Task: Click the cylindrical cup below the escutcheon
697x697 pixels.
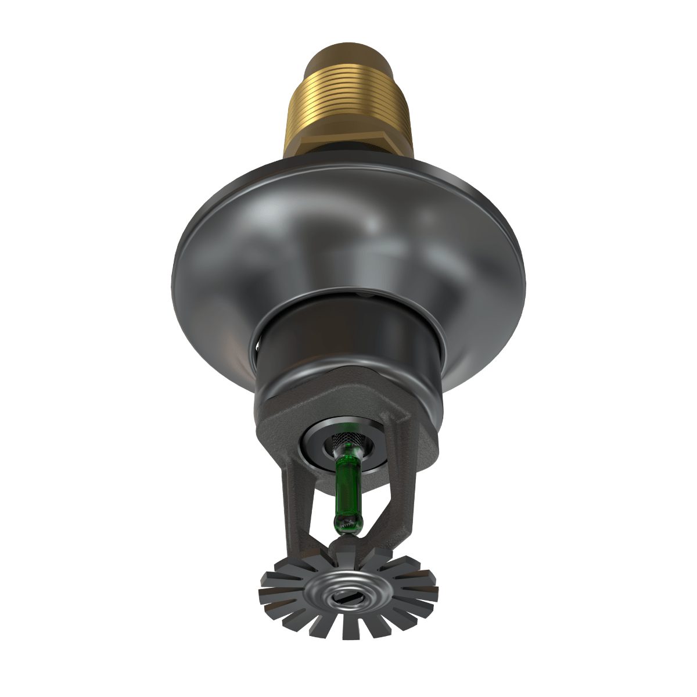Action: [x=348, y=337]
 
